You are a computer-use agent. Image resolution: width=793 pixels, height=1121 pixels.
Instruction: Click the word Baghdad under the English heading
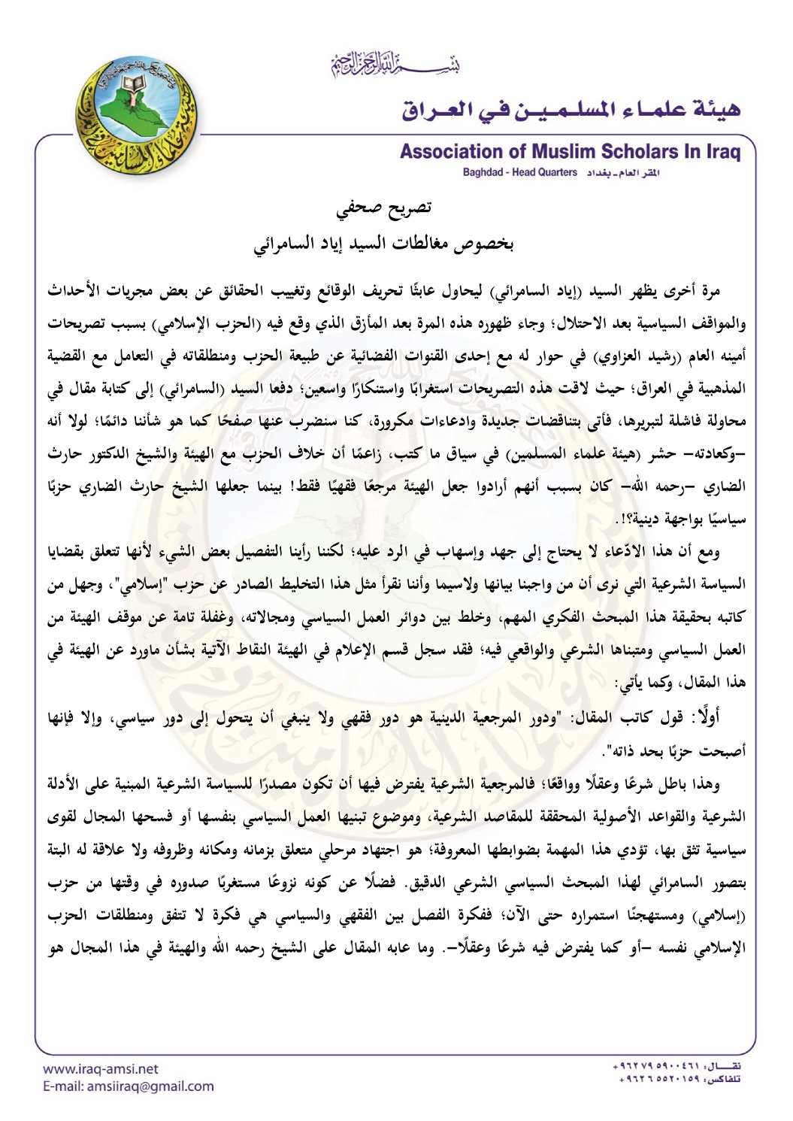pyautogui.click(x=483, y=172)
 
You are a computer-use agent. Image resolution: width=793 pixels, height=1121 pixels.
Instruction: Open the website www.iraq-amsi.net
pyautogui.click(x=101, y=1068)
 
